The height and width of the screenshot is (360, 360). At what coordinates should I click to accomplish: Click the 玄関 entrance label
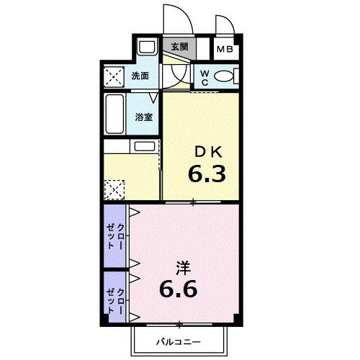pos(179,47)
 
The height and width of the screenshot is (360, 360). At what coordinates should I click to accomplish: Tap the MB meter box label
pos(225,50)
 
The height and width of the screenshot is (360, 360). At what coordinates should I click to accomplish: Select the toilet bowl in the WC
pos(224,76)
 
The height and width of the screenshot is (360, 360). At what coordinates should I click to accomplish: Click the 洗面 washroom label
pos(140,76)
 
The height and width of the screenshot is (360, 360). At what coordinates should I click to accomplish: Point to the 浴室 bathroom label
pos(144,117)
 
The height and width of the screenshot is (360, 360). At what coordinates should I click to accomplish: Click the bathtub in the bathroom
pos(114,114)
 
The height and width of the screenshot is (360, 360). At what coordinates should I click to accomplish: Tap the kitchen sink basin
pos(145,146)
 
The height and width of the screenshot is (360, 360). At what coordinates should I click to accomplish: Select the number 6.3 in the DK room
pos(207,174)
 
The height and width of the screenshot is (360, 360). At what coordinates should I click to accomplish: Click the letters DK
pos(208,152)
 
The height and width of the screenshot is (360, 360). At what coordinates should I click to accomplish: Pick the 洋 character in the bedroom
pos(184,268)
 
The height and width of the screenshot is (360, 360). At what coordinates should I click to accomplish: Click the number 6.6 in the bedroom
pos(179,289)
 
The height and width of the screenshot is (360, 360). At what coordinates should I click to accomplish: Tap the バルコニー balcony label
pos(179,341)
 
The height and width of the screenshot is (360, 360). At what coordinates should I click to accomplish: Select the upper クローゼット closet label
pos(115,236)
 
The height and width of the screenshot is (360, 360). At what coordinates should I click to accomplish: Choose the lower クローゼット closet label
pos(115,301)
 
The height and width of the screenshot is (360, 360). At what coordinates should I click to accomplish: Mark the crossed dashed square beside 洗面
pos(114,76)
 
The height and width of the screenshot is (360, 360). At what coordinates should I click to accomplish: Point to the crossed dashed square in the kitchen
pos(114,189)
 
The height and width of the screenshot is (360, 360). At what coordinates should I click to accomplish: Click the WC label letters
pos(204,77)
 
